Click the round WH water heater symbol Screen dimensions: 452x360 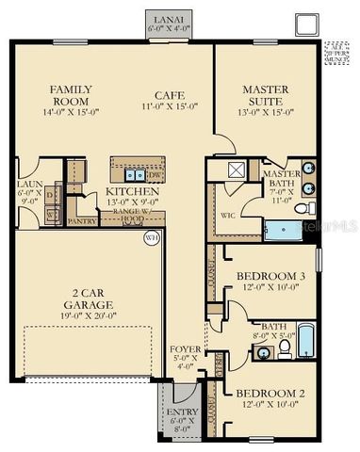150,238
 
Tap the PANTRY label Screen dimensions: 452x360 83,221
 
